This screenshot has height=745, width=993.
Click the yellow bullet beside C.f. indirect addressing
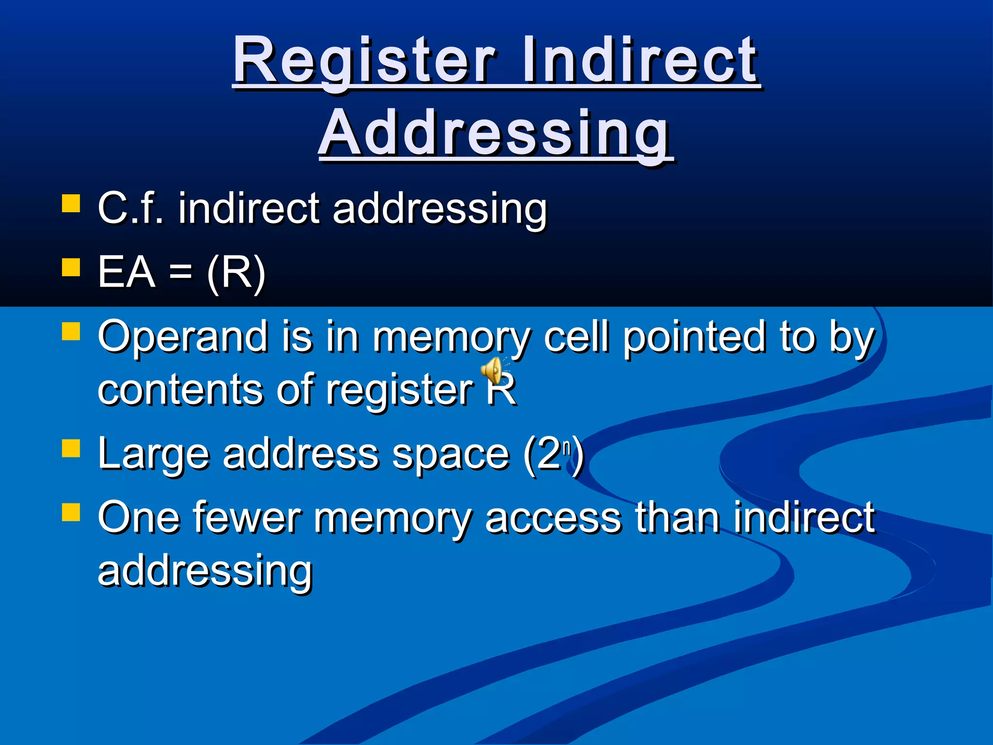71,204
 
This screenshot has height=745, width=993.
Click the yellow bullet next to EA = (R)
71,267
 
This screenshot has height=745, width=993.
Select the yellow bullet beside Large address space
71,449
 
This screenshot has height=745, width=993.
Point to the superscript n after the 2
566,447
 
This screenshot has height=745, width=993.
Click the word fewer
247,518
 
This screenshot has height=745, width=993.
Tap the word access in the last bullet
553,518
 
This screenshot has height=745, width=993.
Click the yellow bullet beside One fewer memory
71,512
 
